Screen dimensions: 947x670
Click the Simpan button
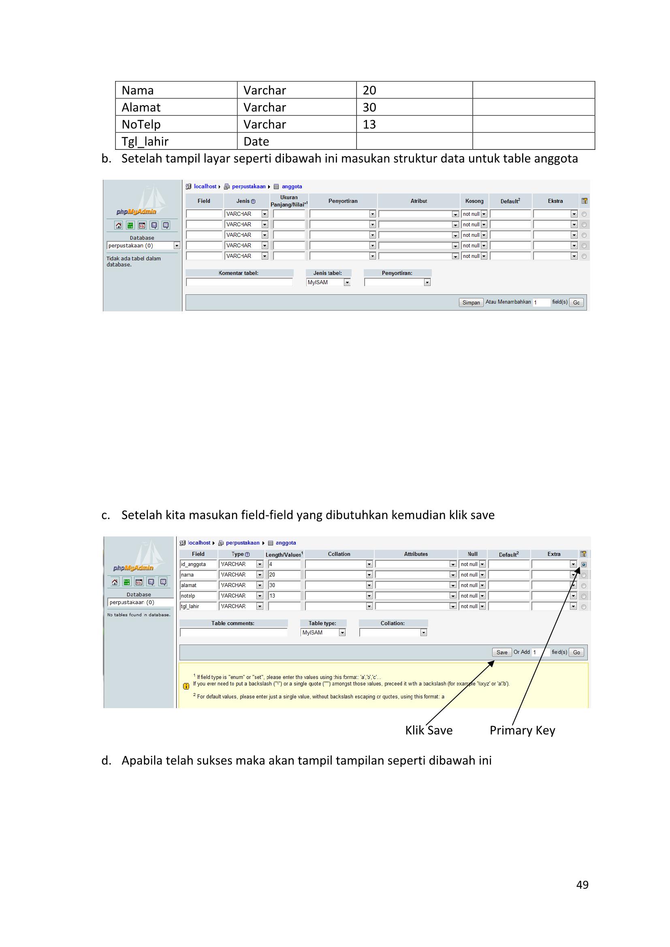[471, 302]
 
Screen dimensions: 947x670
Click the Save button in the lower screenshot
[501, 652]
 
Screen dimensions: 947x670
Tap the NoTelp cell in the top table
[176, 124]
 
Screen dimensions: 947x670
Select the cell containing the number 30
[414, 107]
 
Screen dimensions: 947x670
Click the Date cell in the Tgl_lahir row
[296, 141]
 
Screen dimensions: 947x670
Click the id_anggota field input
[199, 564]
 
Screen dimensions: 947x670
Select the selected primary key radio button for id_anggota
[583, 565]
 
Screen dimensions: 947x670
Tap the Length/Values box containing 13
[284, 596]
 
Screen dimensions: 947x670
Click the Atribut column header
[418, 201]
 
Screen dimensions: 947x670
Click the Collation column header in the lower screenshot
[339, 554]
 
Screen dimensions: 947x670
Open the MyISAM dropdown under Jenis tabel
[329, 283]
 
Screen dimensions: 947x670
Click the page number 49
[582, 885]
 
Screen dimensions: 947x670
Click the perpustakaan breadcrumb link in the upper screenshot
[248, 186]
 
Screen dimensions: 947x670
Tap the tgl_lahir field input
[199, 607]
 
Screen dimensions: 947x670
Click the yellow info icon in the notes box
[186, 686]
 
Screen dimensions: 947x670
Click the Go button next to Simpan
[576, 302]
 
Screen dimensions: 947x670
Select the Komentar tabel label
[239, 273]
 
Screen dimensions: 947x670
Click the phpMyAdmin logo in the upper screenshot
[136, 212]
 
